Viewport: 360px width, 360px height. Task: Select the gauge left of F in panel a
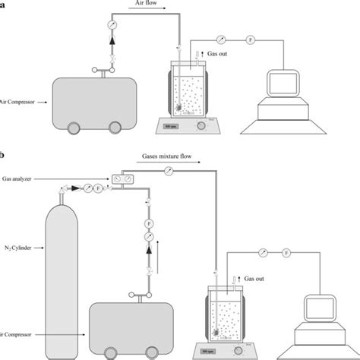click(x=220, y=37)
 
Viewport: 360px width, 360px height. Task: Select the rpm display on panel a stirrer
click(x=169, y=128)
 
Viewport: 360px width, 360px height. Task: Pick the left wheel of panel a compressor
click(x=76, y=128)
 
